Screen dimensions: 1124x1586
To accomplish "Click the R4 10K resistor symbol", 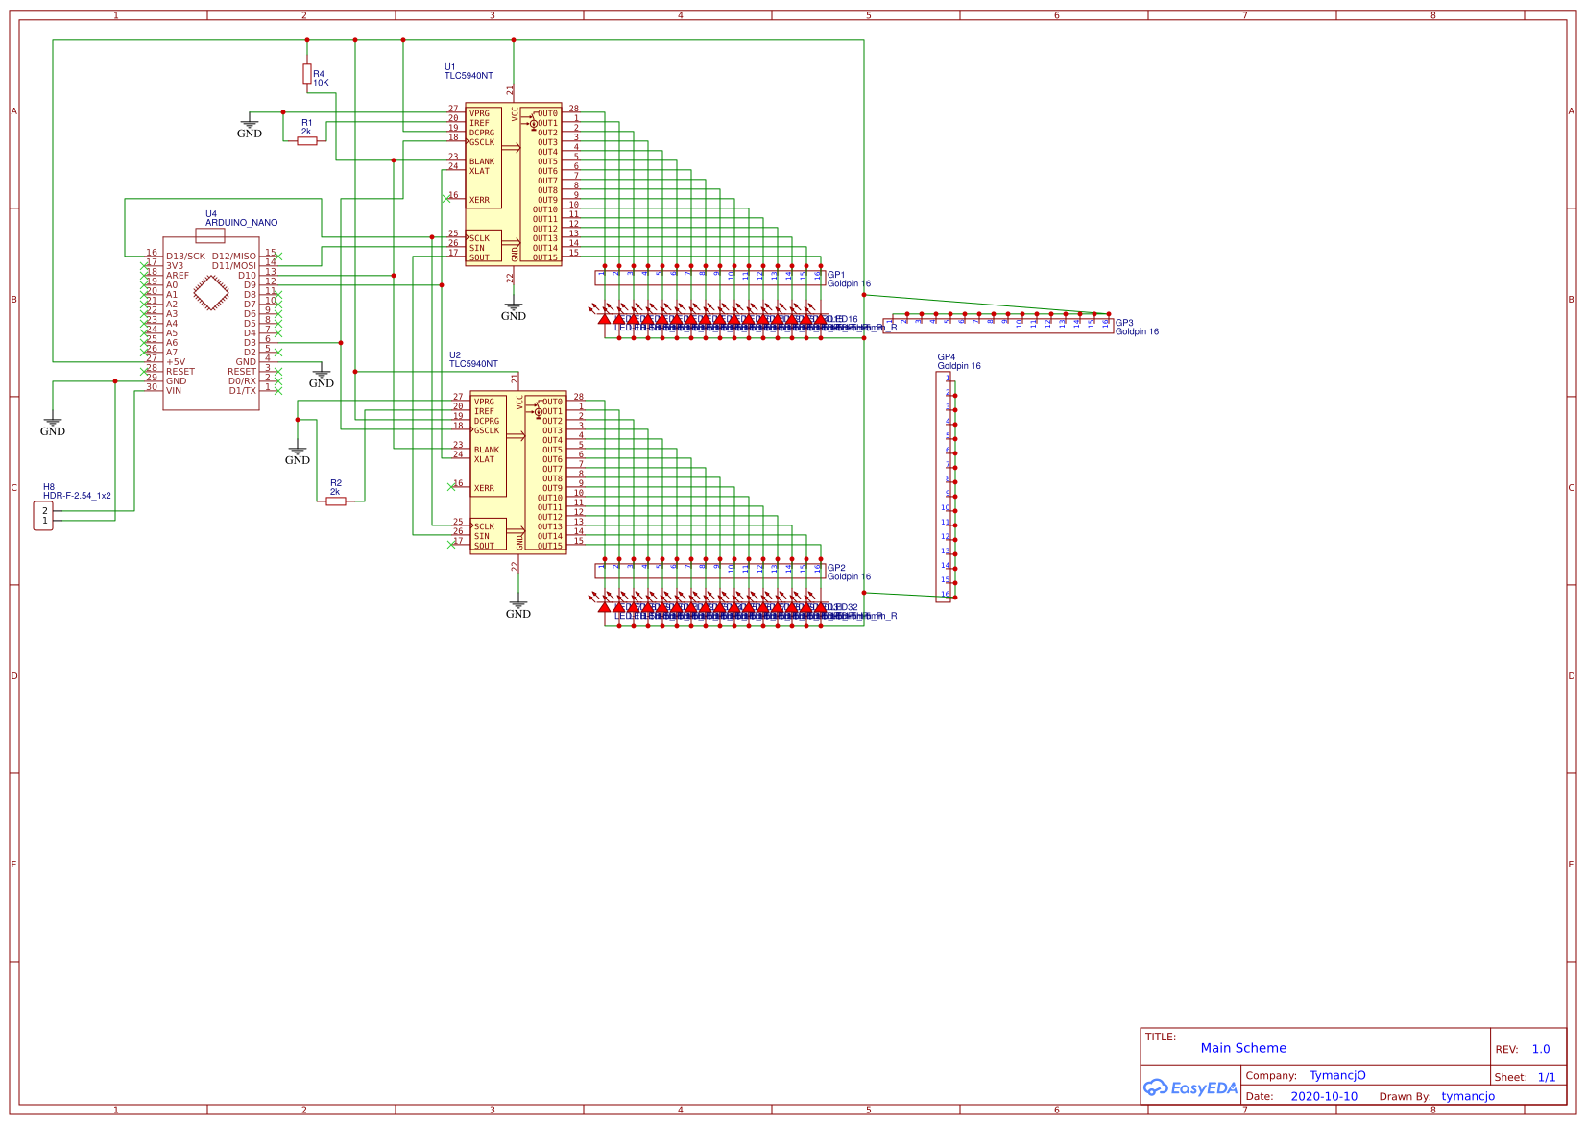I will [x=307, y=73].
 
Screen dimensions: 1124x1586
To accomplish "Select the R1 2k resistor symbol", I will [x=307, y=140].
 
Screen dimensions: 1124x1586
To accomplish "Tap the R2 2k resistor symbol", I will [x=336, y=501].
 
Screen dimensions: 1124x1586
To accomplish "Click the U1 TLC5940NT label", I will [x=469, y=72].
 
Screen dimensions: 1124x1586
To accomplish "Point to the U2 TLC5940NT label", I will [x=473, y=360].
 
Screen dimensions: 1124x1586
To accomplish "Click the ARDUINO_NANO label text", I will [x=241, y=223].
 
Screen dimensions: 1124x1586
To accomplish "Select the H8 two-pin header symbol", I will [x=43, y=516].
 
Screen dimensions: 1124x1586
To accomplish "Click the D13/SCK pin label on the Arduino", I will [x=185, y=257].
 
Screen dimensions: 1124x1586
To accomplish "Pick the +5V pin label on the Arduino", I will [x=176, y=362].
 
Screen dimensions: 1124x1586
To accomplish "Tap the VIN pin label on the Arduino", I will [x=174, y=391].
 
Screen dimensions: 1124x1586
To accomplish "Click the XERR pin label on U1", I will [x=479, y=200].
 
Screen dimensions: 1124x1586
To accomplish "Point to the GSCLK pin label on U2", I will [x=486, y=430].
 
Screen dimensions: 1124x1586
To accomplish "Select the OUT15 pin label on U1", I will [x=545, y=257].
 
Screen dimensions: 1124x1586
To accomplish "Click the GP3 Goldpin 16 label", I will [x=1137, y=328].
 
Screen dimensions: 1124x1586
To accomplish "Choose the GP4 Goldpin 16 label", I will [x=959, y=361].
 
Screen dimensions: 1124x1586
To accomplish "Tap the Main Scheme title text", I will [x=1243, y=1048].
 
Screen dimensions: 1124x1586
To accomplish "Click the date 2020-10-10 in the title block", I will [x=1324, y=1096].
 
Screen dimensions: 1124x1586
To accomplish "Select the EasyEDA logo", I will [x=1190, y=1087].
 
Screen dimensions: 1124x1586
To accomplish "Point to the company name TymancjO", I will [x=1337, y=1075].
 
